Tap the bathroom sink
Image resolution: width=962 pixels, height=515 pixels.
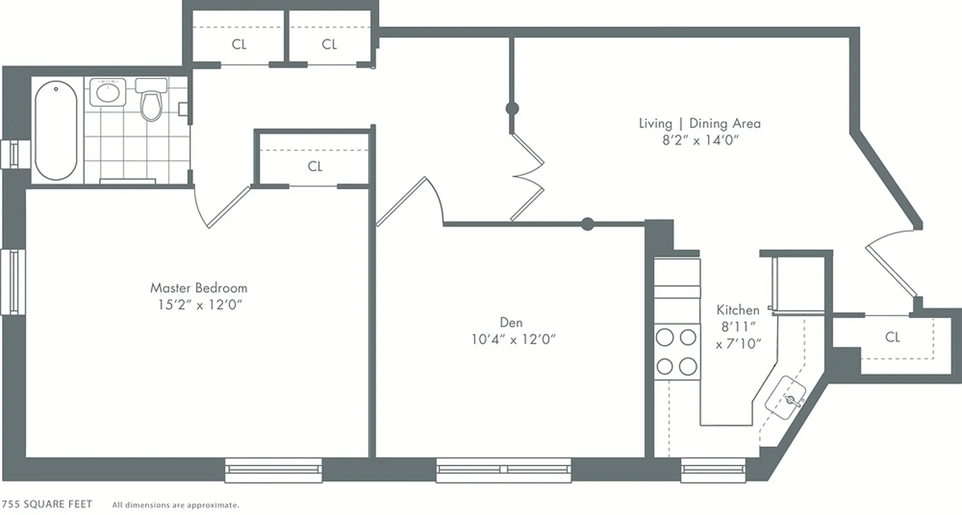(x=107, y=92)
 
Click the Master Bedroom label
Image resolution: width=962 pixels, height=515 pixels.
(x=198, y=287)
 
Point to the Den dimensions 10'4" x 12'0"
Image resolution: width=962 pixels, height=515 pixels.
(x=513, y=339)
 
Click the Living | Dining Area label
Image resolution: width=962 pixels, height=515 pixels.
(x=699, y=123)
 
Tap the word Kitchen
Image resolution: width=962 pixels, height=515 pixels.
(x=738, y=310)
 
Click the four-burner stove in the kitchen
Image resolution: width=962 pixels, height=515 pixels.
(x=677, y=351)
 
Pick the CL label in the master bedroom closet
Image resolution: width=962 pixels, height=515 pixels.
(x=315, y=167)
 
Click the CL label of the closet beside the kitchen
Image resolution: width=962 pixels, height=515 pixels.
(x=892, y=337)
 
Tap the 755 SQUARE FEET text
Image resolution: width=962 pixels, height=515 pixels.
(x=46, y=504)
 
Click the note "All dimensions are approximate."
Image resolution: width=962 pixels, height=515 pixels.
(x=175, y=505)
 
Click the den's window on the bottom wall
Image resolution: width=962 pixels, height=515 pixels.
(x=504, y=470)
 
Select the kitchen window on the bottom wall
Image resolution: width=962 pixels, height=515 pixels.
(x=713, y=470)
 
